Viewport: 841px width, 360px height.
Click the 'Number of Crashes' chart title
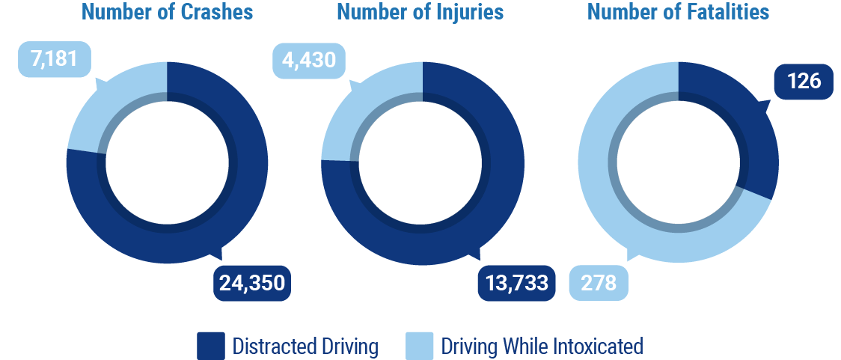pyautogui.click(x=167, y=13)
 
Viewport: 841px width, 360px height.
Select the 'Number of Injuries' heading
pyautogui.click(x=420, y=13)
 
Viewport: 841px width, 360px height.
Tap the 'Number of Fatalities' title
pyautogui.click(x=678, y=13)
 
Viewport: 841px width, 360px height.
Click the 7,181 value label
pyautogui.click(x=54, y=58)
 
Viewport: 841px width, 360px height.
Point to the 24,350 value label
pyautogui.click(x=252, y=282)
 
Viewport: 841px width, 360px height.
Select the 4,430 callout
pyautogui.click(x=309, y=58)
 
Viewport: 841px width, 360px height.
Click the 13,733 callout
pyautogui.click(x=516, y=282)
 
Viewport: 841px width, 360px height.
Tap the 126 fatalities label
pyautogui.click(x=804, y=81)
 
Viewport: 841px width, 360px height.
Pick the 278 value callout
pyautogui.click(x=598, y=283)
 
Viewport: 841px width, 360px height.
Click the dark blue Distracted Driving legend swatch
pyautogui.click(x=210, y=347)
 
